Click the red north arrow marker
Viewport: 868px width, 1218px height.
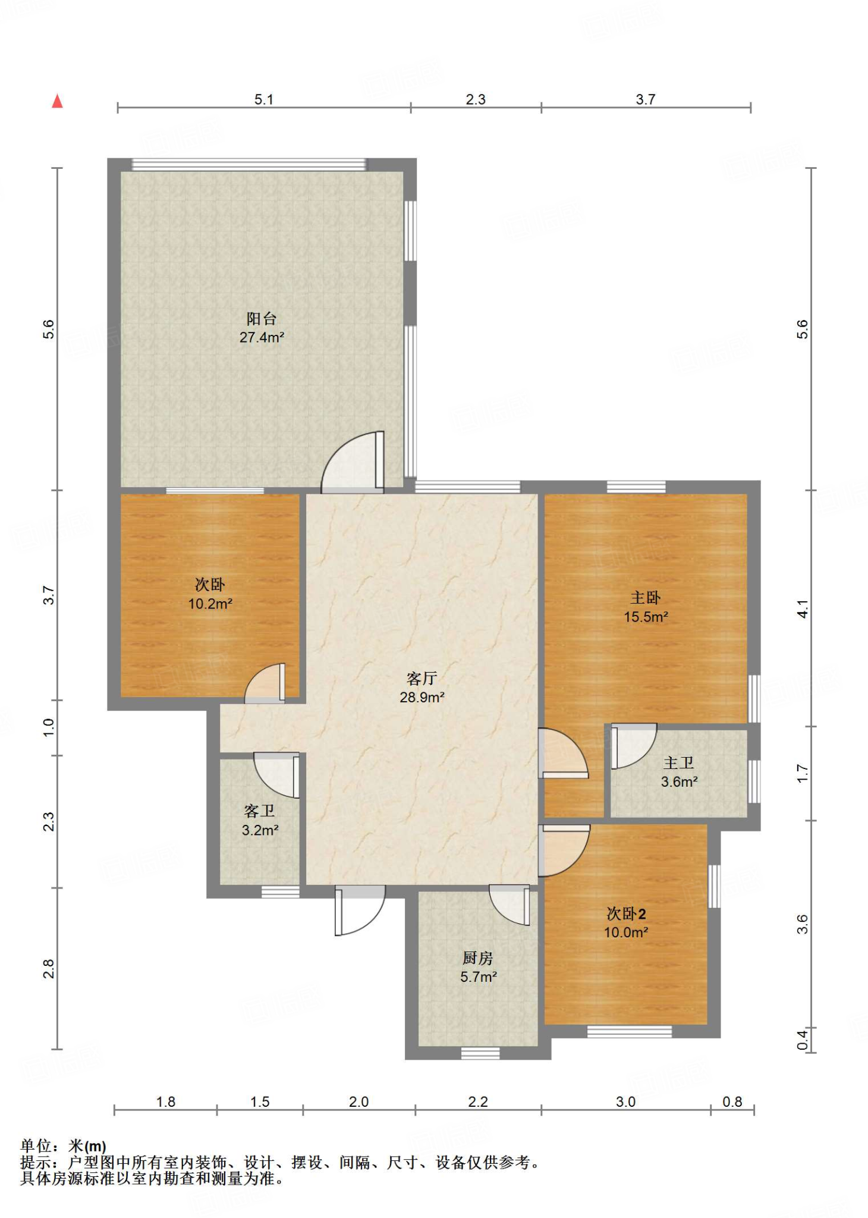(57, 101)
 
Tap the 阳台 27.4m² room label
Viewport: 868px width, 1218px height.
(262, 328)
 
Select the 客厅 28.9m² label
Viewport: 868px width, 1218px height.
(422, 688)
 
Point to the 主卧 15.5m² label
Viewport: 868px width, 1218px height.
(646, 607)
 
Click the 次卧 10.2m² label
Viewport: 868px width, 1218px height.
(210, 594)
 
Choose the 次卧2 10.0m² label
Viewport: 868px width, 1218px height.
(626, 922)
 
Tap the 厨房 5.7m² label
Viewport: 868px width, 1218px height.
(478, 967)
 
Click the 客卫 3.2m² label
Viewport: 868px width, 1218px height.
(260, 820)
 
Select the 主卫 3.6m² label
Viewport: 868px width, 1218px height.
(679, 772)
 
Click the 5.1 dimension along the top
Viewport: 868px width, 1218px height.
(264, 99)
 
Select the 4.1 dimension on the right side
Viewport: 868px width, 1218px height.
(803, 609)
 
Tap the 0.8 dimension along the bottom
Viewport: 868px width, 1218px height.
(732, 1102)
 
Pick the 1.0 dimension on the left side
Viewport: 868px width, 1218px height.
(49, 727)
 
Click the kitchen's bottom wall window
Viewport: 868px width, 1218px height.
(480, 1054)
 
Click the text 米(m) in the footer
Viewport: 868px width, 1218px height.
(87, 1146)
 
